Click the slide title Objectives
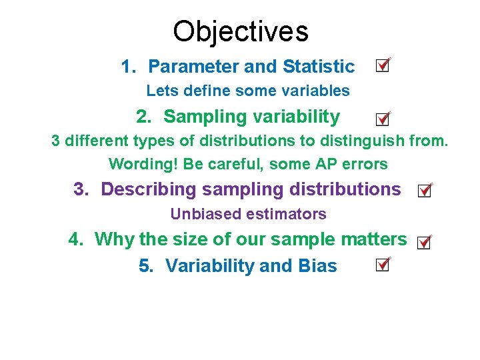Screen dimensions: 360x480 click(240, 31)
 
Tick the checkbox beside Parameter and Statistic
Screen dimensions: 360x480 click(382, 65)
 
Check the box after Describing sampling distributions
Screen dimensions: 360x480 click(423, 191)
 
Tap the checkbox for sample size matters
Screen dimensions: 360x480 click(423, 243)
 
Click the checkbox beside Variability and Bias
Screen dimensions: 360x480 click(382, 265)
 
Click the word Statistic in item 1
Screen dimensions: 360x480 click(319, 67)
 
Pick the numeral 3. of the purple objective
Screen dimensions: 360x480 click(81, 189)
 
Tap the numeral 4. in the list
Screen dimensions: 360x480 click(75, 239)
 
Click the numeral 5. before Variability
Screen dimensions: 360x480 click(146, 266)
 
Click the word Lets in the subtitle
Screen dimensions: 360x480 click(159, 90)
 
